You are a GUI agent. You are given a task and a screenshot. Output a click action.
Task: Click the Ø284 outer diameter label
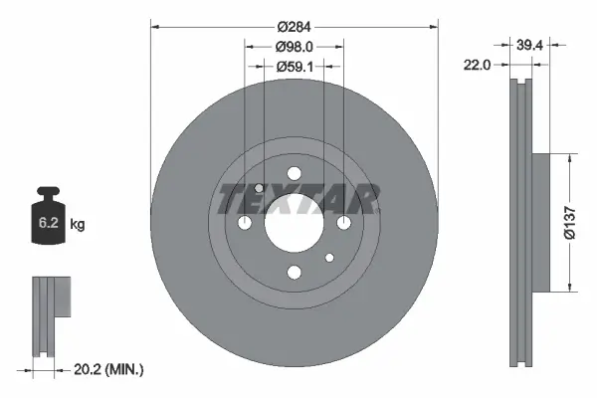click(294, 25)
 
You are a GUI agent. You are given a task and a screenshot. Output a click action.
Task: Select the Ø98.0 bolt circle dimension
click(294, 46)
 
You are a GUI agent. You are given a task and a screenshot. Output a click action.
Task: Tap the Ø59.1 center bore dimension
click(294, 67)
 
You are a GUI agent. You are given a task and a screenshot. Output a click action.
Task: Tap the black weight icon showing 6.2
click(47, 215)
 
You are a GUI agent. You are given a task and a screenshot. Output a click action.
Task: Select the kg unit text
click(78, 225)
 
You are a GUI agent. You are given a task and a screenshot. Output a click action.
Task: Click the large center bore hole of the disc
click(294, 223)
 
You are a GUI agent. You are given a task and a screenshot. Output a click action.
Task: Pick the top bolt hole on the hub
click(294, 175)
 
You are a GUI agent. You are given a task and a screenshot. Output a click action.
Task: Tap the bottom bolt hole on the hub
click(294, 272)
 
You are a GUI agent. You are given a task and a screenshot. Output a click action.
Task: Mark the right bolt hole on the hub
click(342, 223)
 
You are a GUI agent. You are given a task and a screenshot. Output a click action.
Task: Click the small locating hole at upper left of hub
click(259, 188)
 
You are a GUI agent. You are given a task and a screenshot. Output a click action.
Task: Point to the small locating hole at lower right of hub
click(328, 258)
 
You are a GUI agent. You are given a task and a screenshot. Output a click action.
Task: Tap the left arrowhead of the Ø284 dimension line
click(153, 25)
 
